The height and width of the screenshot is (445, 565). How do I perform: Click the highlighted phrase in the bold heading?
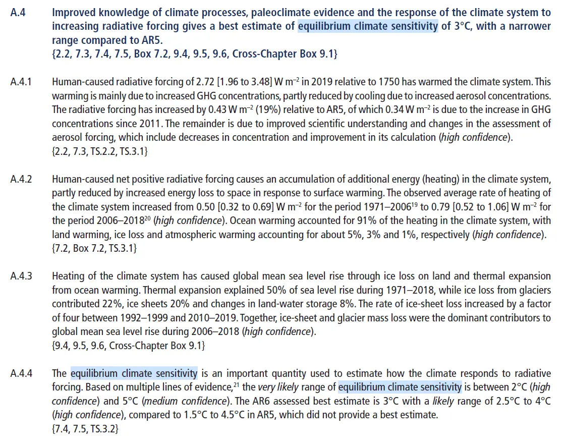coord(368,26)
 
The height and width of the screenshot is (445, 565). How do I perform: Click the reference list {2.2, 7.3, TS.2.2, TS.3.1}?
coord(100,151)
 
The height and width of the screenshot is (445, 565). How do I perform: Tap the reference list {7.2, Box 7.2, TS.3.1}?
coord(94,248)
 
